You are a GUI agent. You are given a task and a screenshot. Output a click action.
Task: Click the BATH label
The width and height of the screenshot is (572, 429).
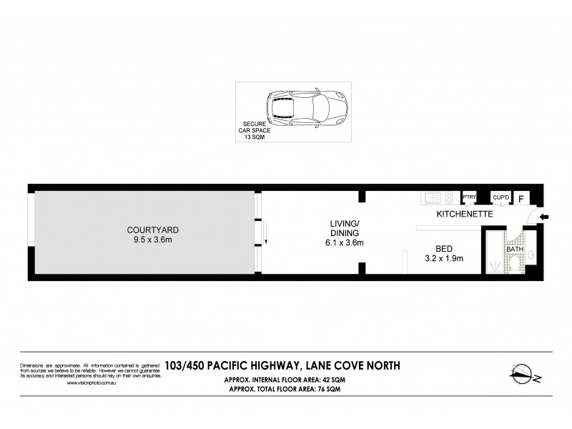(x=515, y=230)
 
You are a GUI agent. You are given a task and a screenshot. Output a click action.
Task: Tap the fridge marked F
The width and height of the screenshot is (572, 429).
(x=521, y=198)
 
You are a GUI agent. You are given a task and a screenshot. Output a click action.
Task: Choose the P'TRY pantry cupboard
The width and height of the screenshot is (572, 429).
(x=470, y=197)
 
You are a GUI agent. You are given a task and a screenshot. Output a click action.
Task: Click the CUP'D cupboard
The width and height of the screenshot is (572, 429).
(x=500, y=197)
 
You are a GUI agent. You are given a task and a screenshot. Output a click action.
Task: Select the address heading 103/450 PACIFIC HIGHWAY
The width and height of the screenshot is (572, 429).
(x=282, y=365)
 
